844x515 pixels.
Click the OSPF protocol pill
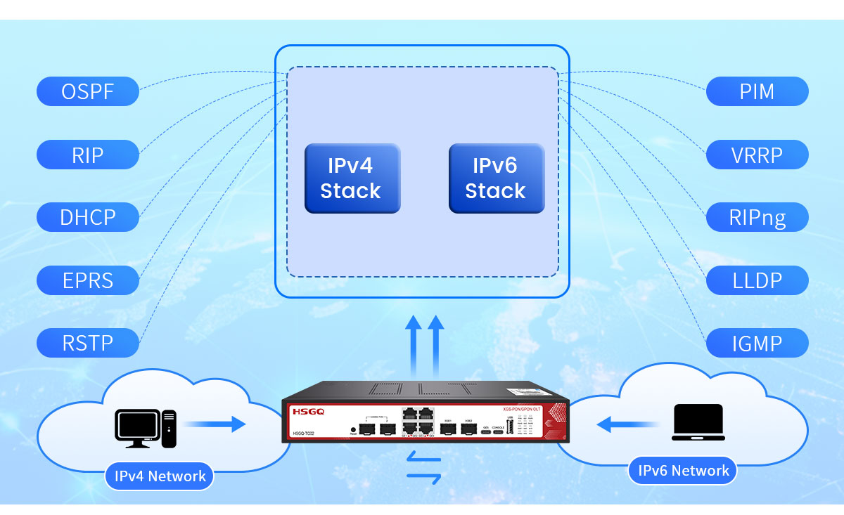point(88,91)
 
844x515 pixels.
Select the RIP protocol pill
point(88,155)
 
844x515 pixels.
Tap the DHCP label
point(88,217)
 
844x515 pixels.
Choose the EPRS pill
point(88,280)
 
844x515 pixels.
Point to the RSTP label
point(88,343)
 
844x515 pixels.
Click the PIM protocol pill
point(757,91)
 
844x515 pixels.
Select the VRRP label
point(757,155)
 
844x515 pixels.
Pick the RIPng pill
point(757,217)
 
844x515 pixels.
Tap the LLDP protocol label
point(757,280)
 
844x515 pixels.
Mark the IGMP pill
point(757,343)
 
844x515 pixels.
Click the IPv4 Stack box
point(352,178)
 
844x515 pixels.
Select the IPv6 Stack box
point(497,178)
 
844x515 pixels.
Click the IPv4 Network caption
point(160,476)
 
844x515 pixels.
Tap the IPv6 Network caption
point(683,470)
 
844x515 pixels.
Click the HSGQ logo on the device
point(307,411)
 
